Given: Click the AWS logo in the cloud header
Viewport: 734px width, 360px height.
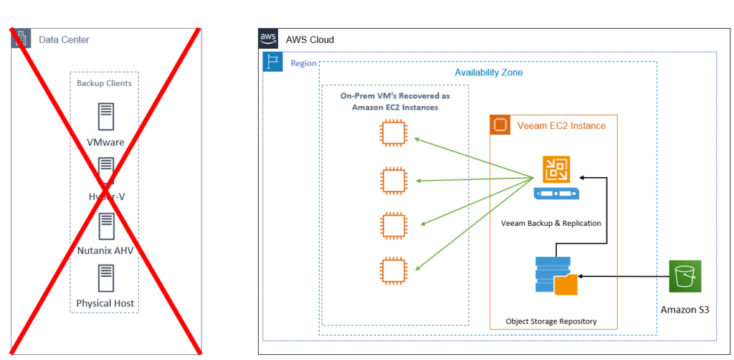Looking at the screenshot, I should pos(268,39).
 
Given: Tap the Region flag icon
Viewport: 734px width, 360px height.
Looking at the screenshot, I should pos(273,62).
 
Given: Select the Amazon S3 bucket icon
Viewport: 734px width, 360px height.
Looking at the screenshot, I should pos(685,276).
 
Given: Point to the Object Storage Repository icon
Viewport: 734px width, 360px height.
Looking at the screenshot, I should pos(556,275).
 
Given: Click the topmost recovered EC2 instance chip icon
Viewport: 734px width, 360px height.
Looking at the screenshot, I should pos(392,132).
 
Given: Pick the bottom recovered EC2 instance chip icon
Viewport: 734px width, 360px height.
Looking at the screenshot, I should pos(392,270).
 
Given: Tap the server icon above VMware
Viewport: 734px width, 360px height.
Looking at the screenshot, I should pos(106,117).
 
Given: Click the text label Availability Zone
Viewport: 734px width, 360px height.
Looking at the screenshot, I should pos(488,72).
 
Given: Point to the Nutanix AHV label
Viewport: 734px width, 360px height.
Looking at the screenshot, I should pos(106,250).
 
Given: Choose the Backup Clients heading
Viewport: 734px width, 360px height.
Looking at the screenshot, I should pos(105,83).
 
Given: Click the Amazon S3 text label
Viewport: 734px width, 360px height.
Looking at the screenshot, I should pos(685,310).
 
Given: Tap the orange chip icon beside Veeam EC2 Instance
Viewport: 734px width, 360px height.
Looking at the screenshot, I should pos(500,125).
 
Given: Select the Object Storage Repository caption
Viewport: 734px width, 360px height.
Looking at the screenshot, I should pos(550,321).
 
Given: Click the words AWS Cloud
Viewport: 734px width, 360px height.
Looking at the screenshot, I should pos(310,39).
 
